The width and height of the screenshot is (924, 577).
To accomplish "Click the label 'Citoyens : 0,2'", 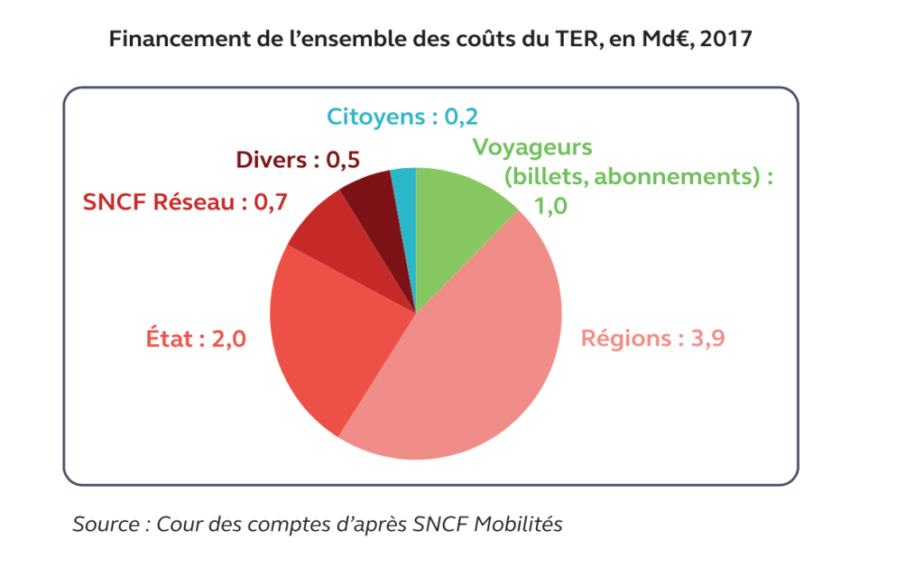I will click(x=402, y=117).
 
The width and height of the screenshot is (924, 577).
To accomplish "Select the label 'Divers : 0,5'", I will click(x=298, y=160).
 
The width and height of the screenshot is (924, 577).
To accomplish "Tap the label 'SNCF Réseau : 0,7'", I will click(x=185, y=202).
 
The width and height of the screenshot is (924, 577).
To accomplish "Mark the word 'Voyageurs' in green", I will click(x=532, y=146).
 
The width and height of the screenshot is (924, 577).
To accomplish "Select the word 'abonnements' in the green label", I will click(x=673, y=176).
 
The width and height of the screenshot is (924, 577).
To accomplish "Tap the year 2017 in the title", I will click(x=726, y=41).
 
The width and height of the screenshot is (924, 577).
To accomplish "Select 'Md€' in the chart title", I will click(x=666, y=41).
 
